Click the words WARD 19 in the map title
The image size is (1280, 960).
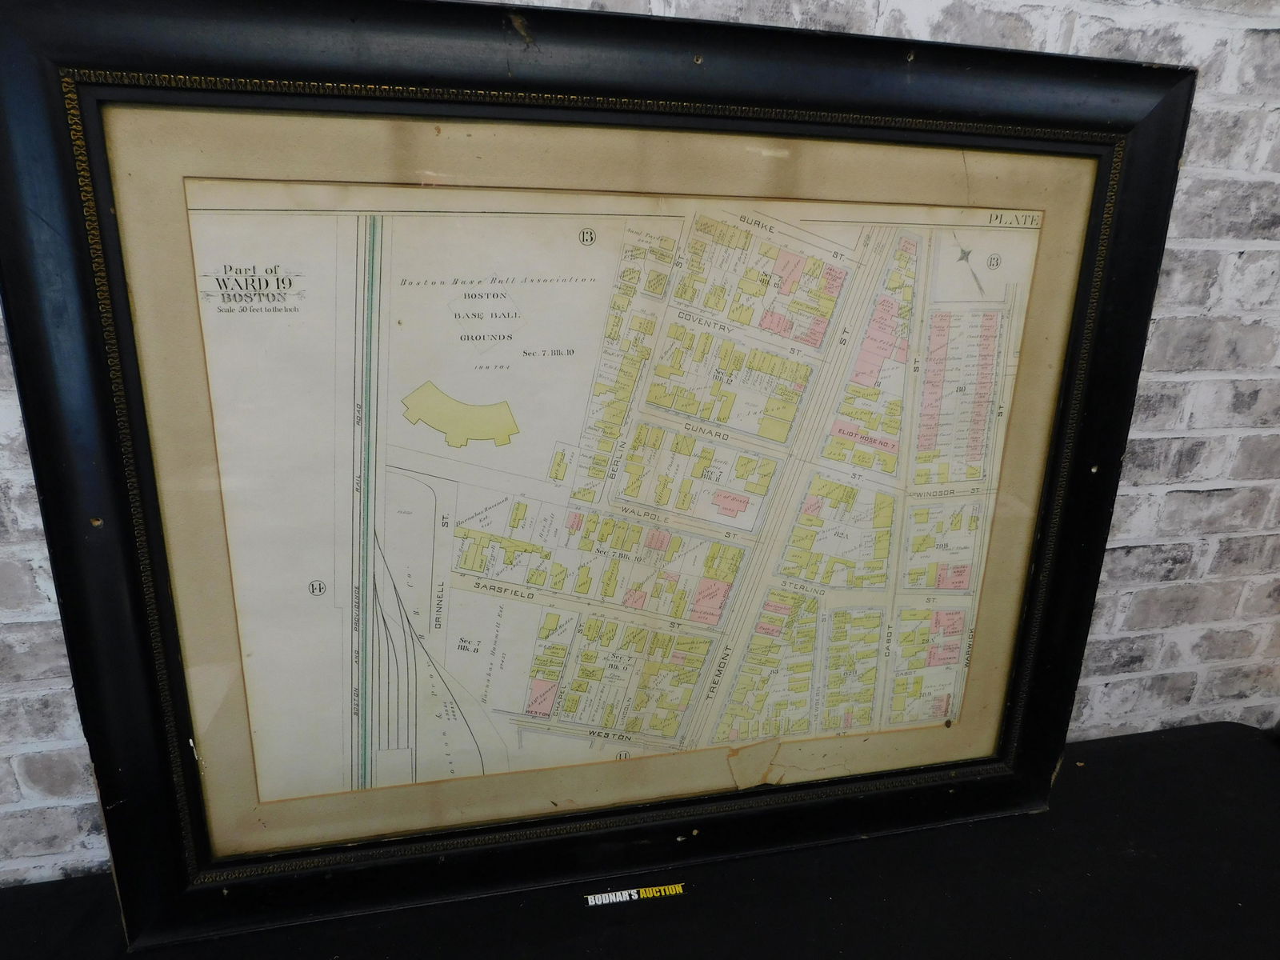pyautogui.click(x=248, y=285)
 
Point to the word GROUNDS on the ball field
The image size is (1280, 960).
pyautogui.click(x=486, y=338)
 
